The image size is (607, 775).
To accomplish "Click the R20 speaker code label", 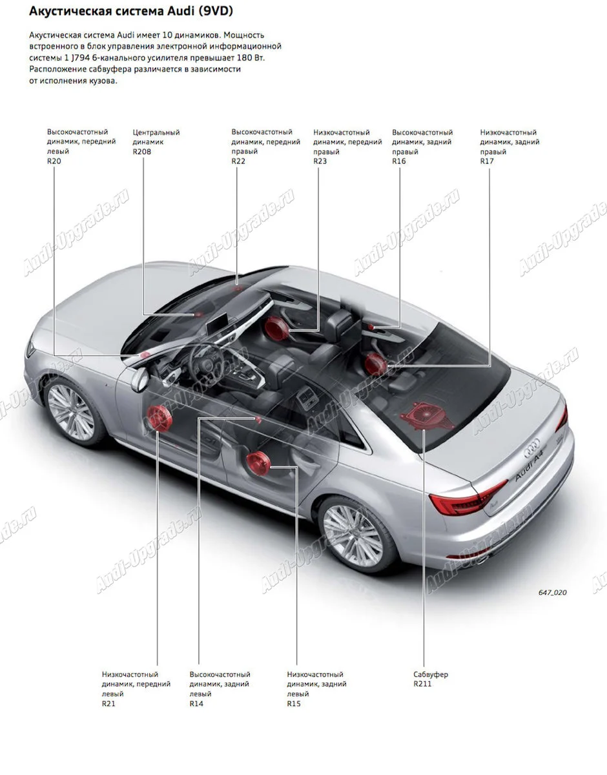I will (54, 161).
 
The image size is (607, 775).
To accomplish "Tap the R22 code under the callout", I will (238, 161).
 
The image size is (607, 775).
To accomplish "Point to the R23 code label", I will (320, 161).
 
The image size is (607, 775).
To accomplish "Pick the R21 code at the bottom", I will (108, 703).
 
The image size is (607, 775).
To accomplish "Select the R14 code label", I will (196, 703).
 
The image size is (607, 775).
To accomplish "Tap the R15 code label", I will (294, 703).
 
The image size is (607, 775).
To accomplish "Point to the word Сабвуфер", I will (431, 674).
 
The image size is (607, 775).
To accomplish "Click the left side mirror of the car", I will (138, 380).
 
